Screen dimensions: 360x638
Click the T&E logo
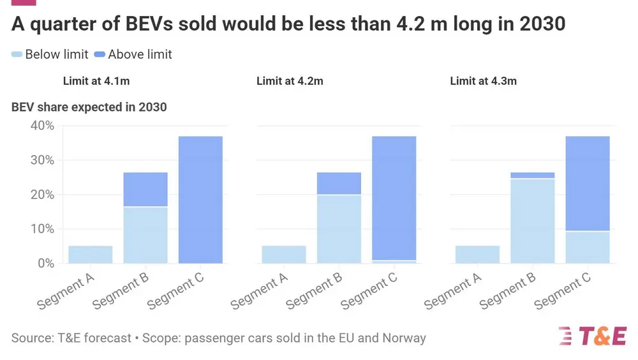click(592, 336)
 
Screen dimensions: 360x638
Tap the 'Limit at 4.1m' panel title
click(96, 81)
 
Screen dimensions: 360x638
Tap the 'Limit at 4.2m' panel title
click(290, 81)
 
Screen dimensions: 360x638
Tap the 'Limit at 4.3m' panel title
click(483, 81)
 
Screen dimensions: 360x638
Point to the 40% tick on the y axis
click(42, 126)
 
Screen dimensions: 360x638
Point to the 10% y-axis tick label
click(42, 229)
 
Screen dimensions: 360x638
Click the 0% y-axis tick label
click(45, 263)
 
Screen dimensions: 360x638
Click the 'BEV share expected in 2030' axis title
click(89, 107)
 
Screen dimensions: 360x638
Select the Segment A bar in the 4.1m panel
click(91, 254)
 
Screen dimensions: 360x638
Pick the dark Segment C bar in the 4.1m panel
click(200, 199)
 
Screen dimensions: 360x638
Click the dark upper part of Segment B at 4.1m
click(145, 190)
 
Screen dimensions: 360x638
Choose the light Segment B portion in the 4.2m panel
click(339, 229)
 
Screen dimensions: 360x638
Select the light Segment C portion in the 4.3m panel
click(587, 247)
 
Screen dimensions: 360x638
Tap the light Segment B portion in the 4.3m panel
click(532, 221)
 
